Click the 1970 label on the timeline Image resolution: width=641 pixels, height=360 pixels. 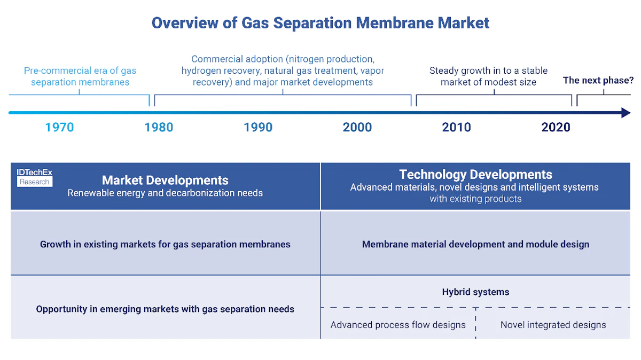point(59,127)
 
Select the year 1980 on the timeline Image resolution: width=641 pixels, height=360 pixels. point(159,127)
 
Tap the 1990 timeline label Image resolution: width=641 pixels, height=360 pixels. point(258,127)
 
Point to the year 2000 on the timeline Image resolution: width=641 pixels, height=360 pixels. point(357,127)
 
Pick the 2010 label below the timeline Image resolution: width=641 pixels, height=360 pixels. point(457,127)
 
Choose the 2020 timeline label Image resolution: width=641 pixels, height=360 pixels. point(556,127)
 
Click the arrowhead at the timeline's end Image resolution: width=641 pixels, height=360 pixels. point(626,113)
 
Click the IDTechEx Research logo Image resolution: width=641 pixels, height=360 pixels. point(34,177)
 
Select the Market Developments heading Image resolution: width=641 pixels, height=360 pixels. point(165,181)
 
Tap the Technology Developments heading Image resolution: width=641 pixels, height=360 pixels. point(475,175)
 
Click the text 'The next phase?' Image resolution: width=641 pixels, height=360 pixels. point(598,81)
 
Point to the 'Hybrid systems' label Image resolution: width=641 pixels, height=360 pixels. point(475,292)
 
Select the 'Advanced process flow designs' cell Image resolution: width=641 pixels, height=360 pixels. point(398,325)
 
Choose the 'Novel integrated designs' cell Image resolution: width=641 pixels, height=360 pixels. point(553,325)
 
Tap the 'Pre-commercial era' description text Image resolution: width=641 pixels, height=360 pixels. point(80,76)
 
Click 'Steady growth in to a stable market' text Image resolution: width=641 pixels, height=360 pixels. point(488,76)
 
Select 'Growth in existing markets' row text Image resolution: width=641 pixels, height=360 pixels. point(165,244)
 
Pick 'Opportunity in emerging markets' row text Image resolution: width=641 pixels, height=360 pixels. point(165,309)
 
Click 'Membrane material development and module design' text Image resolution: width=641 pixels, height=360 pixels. point(475,244)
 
